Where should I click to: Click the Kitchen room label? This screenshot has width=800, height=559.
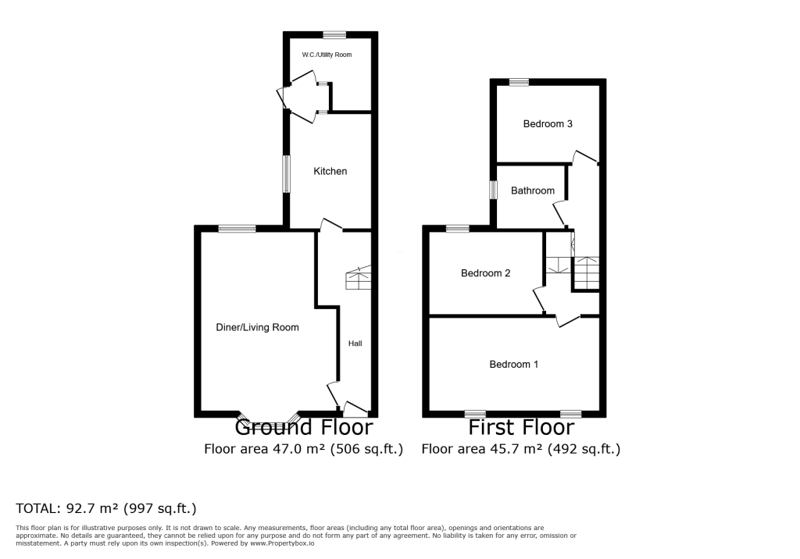point(330,171)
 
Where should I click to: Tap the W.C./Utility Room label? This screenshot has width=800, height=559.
point(327,55)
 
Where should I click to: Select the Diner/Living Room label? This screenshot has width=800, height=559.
point(257,327)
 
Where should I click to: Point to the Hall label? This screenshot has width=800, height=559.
point(355,343)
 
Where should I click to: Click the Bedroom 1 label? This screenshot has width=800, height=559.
point(513,364)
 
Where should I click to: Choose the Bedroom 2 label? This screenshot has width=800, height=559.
point(485,273)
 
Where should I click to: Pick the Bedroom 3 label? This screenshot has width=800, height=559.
point(548,123)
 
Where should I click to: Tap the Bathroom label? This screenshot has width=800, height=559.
point(532,190)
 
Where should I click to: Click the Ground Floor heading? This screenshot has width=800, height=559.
point(303,428)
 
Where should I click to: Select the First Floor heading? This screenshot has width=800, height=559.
point(520,428)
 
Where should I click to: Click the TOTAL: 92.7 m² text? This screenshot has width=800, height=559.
point(105,508)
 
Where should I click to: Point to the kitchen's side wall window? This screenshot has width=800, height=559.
point(287,173)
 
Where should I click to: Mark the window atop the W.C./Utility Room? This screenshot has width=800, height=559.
point(334,34)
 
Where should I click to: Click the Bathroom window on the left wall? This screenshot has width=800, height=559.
point(493,190)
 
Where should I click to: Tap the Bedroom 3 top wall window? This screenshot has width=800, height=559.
point(518,82)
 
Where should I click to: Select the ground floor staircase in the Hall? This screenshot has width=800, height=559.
point(358,276)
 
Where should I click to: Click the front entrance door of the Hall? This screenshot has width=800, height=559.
point(355,408)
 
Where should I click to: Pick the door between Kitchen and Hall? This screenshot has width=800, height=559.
point(331,226)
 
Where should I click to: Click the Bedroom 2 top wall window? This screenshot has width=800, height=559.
point(458,229)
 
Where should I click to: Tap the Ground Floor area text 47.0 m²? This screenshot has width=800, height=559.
point(303,449)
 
